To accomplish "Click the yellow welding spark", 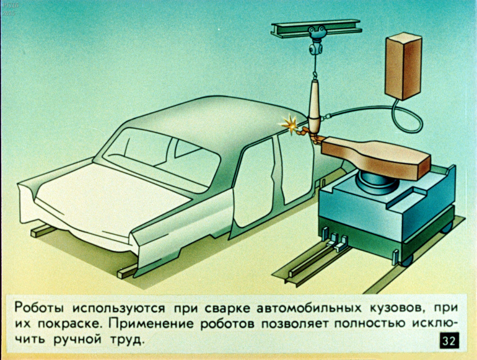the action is (x=289, y=124).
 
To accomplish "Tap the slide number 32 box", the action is (x=449, y=341).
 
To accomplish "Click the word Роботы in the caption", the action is (x=40, y=308).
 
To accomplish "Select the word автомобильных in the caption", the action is (x=309, y=308).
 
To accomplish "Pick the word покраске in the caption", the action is (x=69, y=324).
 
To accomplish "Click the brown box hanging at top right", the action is (x=404, y=66).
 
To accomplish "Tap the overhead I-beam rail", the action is (x=317, y=29).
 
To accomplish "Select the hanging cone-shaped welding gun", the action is (x=315, y=108).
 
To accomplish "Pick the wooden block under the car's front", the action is (x=43, y=230).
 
